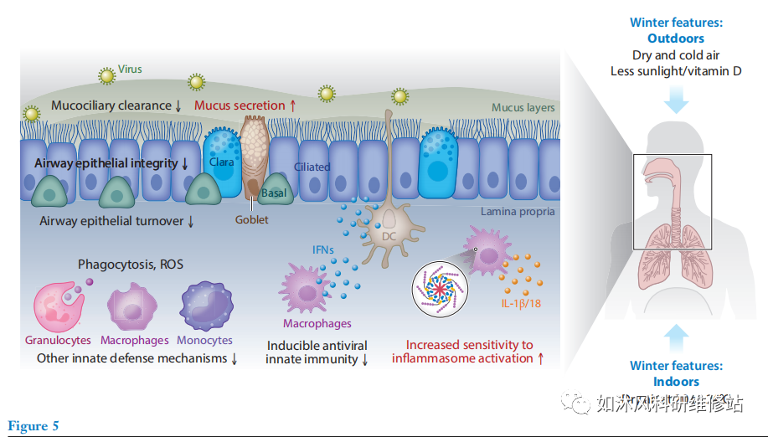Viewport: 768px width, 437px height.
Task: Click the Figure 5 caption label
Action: [34, 426]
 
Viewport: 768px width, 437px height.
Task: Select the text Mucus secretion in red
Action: [240, 105]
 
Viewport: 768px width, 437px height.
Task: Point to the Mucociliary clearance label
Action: [110, 105]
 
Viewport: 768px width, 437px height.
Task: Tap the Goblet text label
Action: [251, 219]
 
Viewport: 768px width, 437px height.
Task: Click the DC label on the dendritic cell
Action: [388, 237]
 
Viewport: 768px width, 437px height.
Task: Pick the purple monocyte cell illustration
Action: [205, 305]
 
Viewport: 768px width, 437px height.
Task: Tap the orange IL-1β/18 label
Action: [519, 304]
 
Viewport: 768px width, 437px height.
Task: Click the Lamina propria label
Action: [517, 212]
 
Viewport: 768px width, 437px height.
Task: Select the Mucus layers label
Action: [523, 108]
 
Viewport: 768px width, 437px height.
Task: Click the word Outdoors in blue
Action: [675, 39]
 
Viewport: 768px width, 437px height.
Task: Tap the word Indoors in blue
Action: [676, 382]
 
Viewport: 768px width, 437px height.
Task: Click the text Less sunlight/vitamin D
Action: [676, 71]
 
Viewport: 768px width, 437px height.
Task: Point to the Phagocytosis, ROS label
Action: [131, 265]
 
